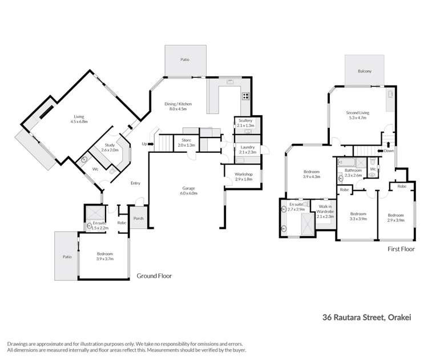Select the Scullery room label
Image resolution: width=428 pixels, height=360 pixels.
click(245, 123)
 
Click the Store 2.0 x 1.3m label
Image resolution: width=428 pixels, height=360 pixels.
click(186, 143)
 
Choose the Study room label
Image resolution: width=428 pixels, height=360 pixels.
click(110, 148)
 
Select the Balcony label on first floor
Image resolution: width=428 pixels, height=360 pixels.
click(365, 71)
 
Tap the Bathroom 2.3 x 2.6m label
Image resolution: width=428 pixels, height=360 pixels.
click(352, 172)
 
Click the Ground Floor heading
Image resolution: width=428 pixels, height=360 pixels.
click(154, 276)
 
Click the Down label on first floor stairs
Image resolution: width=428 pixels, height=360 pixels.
click(389, 151)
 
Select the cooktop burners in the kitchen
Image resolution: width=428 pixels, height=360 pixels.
click(246, 96)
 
